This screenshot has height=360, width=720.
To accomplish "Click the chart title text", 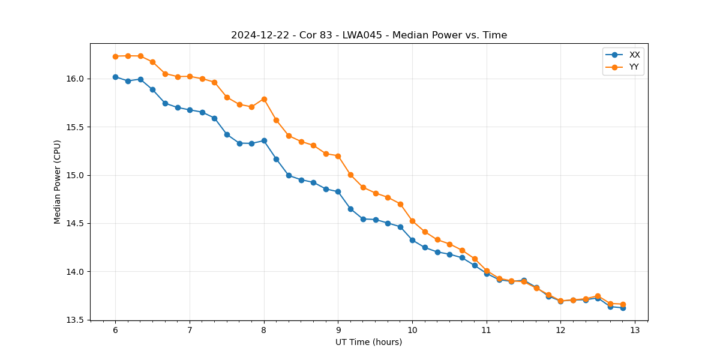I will (369, 35).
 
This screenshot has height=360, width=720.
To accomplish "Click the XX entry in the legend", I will (634, 55).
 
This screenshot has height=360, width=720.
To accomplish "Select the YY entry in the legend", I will (634, 67).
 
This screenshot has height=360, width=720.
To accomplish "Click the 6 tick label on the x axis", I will (115, 330).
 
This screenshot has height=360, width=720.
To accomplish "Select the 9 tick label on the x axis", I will (338, 330).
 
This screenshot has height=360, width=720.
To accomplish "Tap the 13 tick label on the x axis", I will (635, 330).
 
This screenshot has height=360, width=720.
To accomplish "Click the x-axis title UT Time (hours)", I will (369, 342).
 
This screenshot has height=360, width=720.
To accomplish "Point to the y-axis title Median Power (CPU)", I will (58, 182).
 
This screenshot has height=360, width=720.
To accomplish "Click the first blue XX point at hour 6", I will (115, 77).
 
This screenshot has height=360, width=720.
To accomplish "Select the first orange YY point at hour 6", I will (115, 56).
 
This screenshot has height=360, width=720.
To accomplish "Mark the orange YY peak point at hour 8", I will (264, 99).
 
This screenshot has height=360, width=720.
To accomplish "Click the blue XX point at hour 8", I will (264, 140).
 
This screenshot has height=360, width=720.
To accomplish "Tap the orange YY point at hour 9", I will (338, 156).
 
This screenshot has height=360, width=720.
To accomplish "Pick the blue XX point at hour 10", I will (412, 240).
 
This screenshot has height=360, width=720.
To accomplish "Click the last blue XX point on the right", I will (623, 308).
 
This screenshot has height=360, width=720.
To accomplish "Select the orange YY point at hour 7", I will (190, 76).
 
